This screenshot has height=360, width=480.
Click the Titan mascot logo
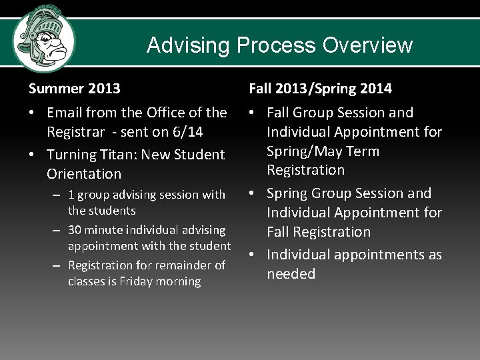click(x=44, y=38)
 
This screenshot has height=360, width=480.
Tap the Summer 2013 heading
click(x=74, y=88)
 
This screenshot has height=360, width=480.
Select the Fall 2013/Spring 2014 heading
click(x=320, y=88)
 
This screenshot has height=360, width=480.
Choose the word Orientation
click(x=84, y=174)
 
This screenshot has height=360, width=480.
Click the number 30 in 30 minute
click(x=75, y=230)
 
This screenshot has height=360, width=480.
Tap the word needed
click(x=291, y=274)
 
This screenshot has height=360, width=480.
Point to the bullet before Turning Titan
click(x=32, y=155)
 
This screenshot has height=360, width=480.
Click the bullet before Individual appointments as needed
click(x=253, y=255)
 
